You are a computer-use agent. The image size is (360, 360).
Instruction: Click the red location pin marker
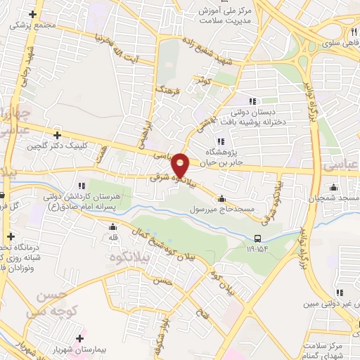[x=181, y=165]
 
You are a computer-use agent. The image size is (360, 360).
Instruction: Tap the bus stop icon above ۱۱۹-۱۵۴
[x=258, y=238]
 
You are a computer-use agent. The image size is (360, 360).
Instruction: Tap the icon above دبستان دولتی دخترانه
[x=253, y=101]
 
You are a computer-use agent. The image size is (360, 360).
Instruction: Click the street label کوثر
[x=204, y=81]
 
